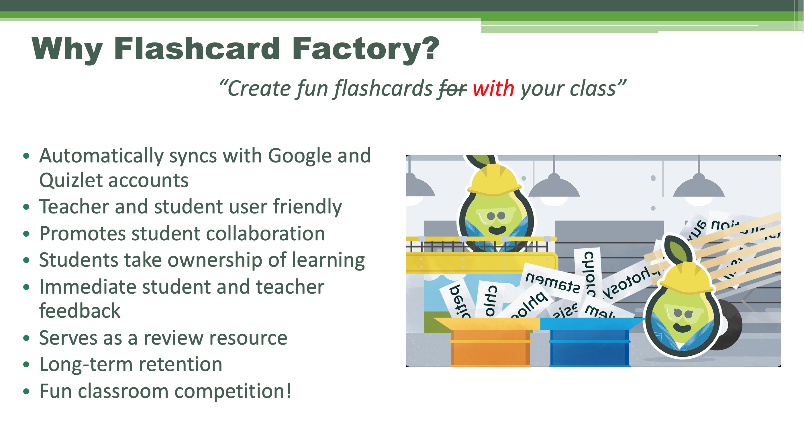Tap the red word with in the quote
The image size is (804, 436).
coord(493,89)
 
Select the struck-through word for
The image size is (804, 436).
coord(452,89)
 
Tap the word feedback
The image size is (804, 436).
coord(80,311)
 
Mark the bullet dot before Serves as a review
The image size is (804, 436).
coord(26,338)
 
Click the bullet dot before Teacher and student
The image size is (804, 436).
coord(26,207)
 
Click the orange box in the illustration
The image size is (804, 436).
coord(490,346)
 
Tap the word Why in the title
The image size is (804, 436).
coord(67,49)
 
